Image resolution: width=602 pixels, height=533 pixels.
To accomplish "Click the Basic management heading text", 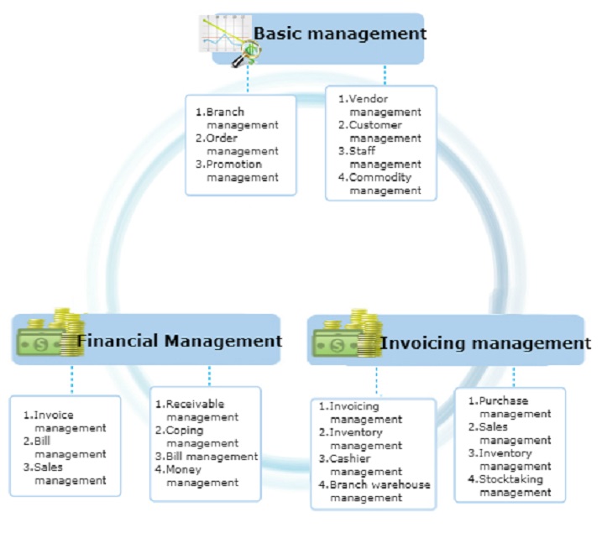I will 340,34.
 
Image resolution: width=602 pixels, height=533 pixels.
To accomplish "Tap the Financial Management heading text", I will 180,341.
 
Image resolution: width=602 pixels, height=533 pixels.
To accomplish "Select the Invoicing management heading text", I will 485,342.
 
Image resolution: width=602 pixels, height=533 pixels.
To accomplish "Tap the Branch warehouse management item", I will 374,490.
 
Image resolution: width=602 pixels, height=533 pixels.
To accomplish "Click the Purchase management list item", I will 510,407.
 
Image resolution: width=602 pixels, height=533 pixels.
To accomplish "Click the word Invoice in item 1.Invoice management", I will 55,415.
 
